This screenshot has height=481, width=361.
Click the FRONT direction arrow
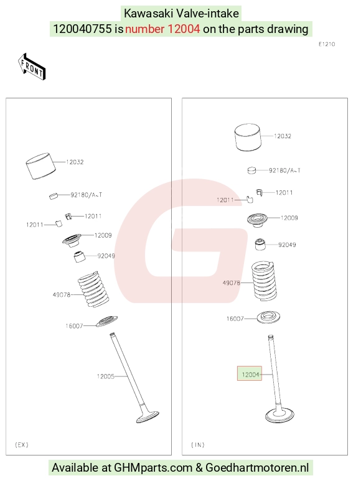point(32,67)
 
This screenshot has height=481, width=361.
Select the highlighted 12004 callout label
point(250,373)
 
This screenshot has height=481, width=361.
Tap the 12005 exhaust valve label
point(106,376)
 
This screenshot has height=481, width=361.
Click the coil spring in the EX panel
point(93,289)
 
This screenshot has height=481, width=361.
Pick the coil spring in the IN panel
point(264,281)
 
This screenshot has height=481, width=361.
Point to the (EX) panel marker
point(21,445)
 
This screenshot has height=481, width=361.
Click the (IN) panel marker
point(198,445)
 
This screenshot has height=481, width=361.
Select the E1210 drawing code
point(327,44)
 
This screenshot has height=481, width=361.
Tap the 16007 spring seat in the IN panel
point(268,317)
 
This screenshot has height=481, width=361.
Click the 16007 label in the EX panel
point(74,326)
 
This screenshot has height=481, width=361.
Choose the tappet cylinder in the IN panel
point(248,138)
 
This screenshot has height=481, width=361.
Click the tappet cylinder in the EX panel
point(40,166)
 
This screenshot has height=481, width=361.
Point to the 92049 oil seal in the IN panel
point(260,244)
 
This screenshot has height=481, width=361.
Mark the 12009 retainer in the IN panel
point(257,220)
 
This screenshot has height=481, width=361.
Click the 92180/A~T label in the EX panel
point(86,195)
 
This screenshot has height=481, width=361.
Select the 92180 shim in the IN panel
point(251,170)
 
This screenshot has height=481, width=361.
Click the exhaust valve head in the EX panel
point(147,416)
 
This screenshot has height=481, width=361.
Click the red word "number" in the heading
point(145,29)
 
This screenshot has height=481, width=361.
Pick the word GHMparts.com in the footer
point(153,467)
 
